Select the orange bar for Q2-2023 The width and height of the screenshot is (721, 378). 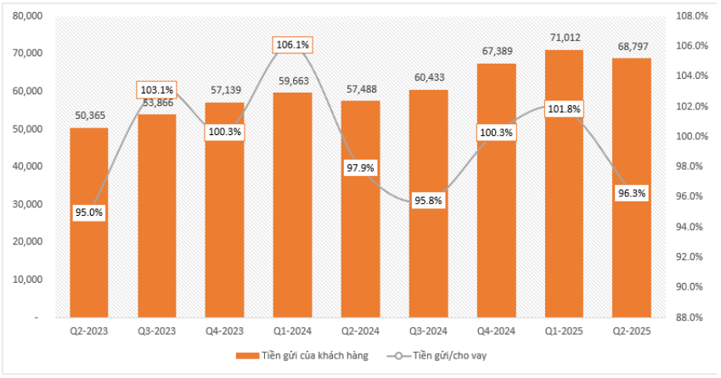(x=88, y=255)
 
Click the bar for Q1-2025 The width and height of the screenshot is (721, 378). (x=564, y=238)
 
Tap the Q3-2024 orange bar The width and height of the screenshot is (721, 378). (x=428, y=255)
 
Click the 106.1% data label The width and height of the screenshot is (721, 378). (x=292, y=45)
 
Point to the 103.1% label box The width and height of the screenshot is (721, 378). (x=156, y=89)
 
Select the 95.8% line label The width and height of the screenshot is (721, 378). (x=428, y=201)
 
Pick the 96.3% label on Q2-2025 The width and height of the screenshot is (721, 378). (x=632, y=193)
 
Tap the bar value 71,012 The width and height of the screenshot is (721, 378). (x=564, y=37)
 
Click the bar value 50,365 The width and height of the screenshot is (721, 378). (x=88, y=116)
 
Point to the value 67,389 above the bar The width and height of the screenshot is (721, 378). (x=496, y=51)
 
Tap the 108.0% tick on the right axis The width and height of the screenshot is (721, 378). (x=690, y=16)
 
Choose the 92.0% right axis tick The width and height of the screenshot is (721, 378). (x=690, y=257)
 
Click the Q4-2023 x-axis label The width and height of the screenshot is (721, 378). (x=224, y=331)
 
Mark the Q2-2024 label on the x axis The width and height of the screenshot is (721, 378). (x=360, y=331)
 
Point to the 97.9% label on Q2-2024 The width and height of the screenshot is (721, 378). (x=360, y=167)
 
